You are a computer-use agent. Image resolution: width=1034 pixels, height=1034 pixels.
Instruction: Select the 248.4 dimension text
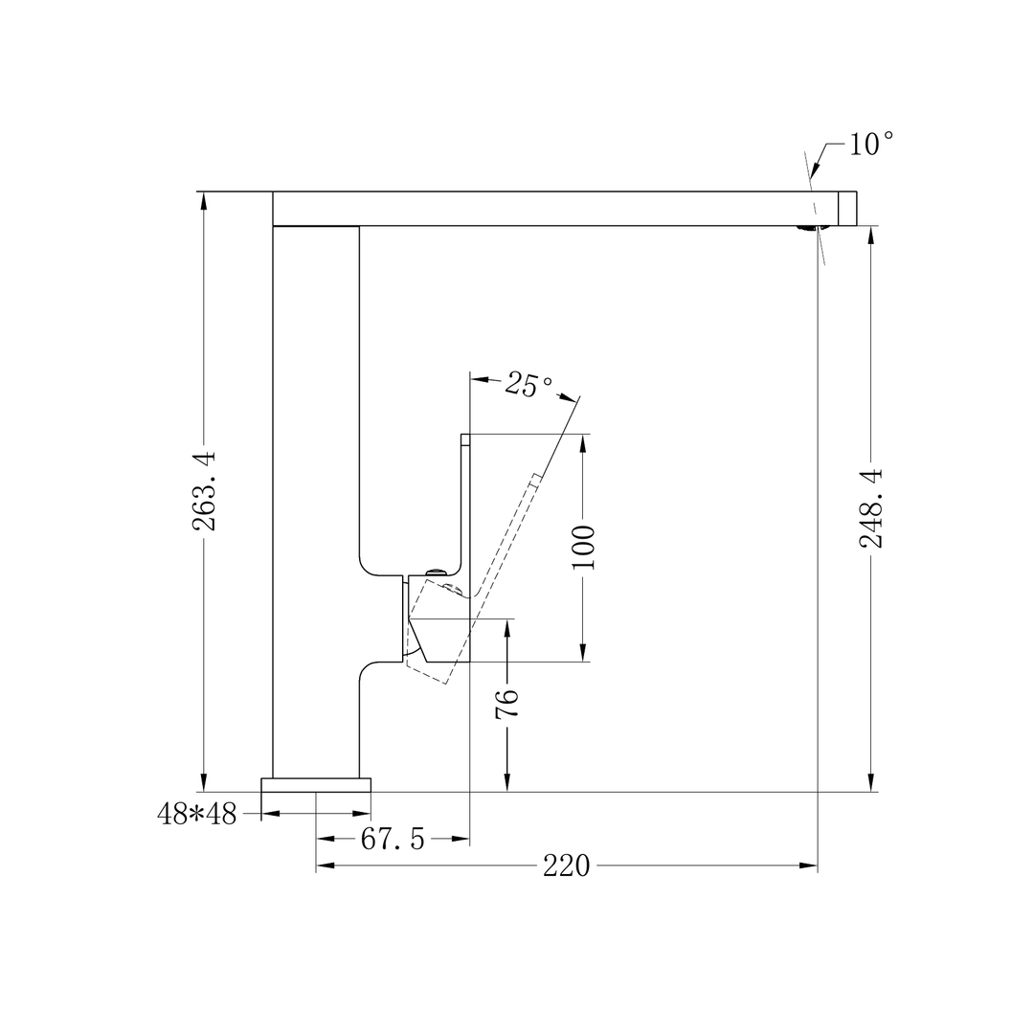tap(870, 508)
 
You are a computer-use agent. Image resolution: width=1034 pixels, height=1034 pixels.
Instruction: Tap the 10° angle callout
tap(870, 145)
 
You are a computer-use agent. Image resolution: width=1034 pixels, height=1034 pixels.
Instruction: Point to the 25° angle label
tap(528, 385)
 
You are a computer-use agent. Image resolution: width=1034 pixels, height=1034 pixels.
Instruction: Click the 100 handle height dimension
tap(583, 547)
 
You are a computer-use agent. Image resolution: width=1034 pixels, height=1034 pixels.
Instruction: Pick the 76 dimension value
tap(507, 703)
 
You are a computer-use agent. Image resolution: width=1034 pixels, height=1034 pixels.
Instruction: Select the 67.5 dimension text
tap(393, 840)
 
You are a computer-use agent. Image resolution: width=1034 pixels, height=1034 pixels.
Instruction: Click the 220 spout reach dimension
tap(567, 866)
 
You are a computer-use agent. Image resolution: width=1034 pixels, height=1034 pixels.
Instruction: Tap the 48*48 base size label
tap(196, 814)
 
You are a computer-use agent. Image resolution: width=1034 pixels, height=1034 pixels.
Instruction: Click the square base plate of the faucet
tap(316, 785)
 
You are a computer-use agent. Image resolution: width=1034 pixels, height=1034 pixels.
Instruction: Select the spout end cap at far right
tap(847, 209)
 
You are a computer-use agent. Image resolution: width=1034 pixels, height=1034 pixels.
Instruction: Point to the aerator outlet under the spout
tap(810, 228)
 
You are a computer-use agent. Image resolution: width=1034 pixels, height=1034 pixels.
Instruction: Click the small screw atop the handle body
tap(436, 572)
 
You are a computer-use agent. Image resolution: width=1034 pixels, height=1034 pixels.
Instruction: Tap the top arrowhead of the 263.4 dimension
tap(203, 200)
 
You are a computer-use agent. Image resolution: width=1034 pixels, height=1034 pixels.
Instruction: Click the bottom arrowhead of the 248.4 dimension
tap(870, 783)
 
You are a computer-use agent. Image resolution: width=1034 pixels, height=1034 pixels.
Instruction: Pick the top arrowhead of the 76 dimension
tap(507, 627)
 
